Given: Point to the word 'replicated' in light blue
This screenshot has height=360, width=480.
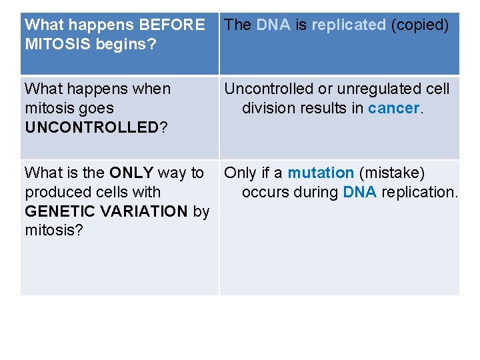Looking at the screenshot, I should [x=349, y=25].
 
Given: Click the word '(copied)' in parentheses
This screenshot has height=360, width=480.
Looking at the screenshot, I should [x=420, y=25].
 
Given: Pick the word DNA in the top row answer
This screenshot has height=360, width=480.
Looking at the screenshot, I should [x=273, y=25].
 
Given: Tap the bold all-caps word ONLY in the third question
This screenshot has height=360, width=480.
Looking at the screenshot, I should [x=131, y=173].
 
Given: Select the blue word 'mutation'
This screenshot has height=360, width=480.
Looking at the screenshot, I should [x=321, y=173].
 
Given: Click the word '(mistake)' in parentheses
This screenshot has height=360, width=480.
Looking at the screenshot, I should [x=392, y=173].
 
